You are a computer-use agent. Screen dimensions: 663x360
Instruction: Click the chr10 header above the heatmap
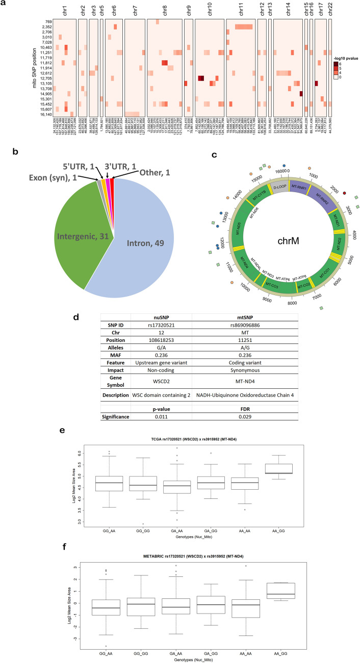point(209,11)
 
